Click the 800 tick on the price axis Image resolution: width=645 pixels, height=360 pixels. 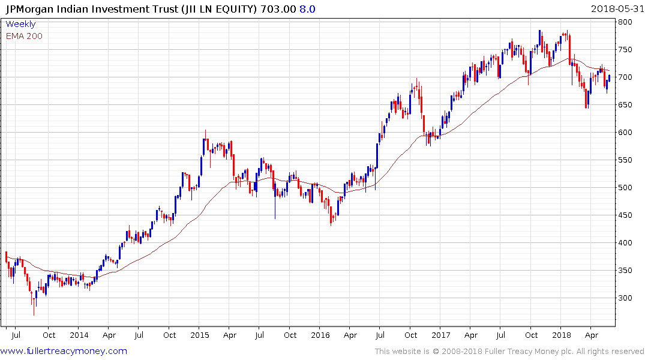[x=625, y=22]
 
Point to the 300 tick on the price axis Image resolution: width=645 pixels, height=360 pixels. [x=625, y=298]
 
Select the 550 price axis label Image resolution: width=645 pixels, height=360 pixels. [x=625, y=160]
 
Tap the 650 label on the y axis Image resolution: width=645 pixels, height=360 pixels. [x=625, y=105]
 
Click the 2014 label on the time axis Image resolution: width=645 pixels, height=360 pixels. [x=79, y=335]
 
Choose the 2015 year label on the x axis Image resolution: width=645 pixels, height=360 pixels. [x=200, y=335]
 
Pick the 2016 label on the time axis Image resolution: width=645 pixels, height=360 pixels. [x=320, y=335]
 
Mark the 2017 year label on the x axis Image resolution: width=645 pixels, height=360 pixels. [x=441, y=335]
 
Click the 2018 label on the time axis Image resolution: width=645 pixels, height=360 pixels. [x=562, y=335]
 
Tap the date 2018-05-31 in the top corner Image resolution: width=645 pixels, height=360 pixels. [x=617, y=8]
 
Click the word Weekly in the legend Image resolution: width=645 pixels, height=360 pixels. [x=20, y=25]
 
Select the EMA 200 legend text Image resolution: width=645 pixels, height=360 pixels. [x=24, y=36]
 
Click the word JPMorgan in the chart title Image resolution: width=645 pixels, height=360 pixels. [x=30, y=9]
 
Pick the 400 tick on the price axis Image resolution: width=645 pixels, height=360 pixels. [x=625, y=243]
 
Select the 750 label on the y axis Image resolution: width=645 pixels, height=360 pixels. [x=625, y=50]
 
